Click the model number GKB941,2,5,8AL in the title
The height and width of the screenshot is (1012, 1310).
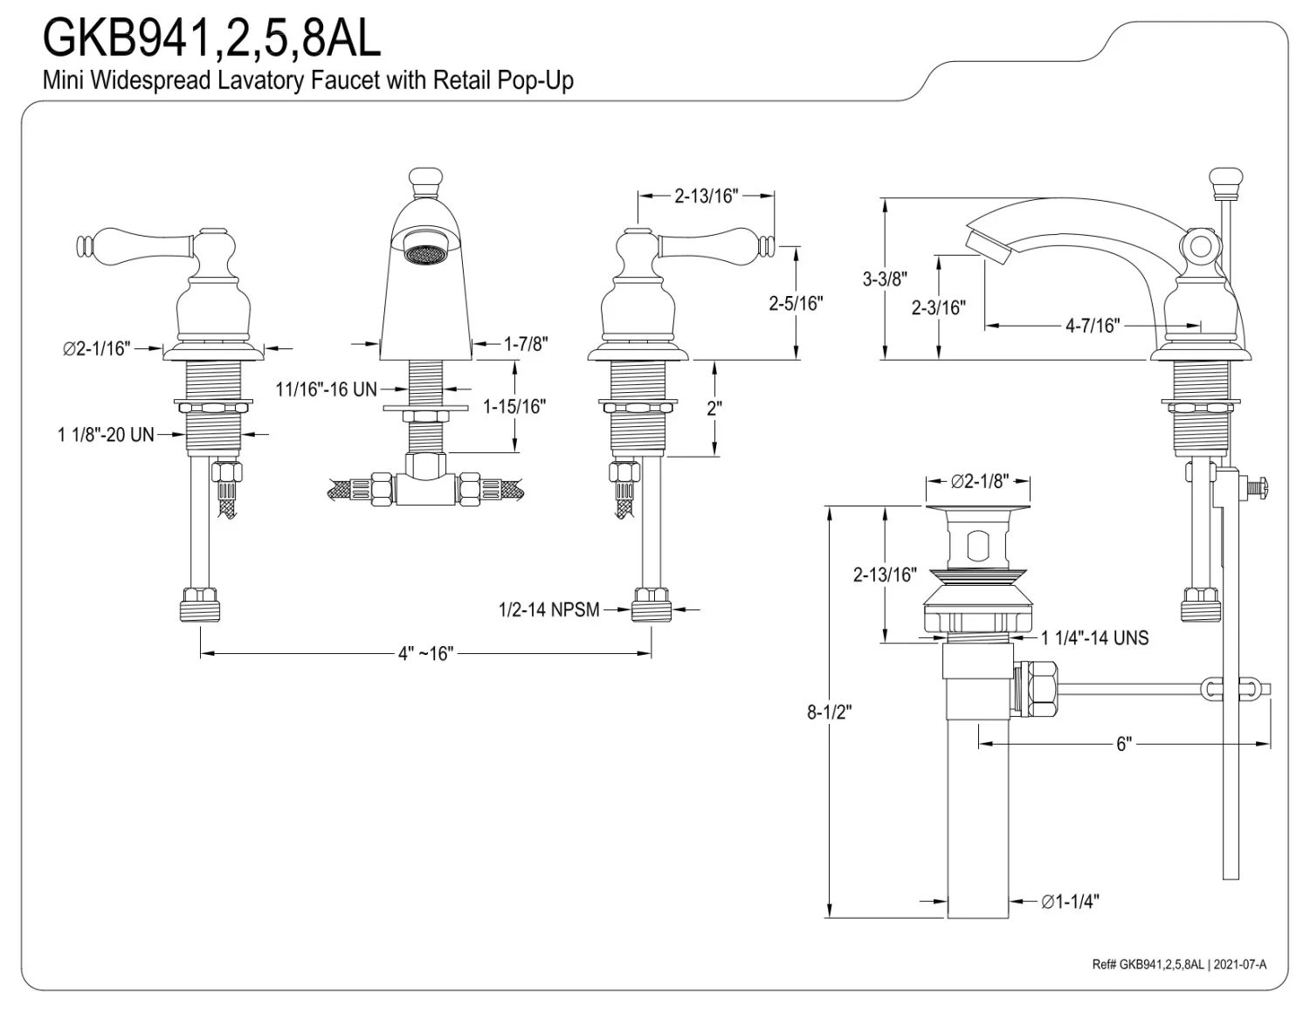click(212, 38)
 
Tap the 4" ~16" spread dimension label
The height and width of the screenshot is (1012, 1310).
click(425, 654)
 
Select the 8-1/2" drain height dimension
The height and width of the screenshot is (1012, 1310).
click(829, 712)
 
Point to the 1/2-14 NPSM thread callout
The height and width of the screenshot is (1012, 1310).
click(548, 609)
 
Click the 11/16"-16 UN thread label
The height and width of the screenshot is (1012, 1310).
click(326, 389)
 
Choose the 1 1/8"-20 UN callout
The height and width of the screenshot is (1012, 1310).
click(106, 434)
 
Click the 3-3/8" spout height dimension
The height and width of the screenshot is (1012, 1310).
click(885, 279)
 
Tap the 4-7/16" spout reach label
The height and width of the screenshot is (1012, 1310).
click(1092, 326)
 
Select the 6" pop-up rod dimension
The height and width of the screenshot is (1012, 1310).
click(1123, 744)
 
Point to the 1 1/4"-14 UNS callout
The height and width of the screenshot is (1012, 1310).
click(1094, 638)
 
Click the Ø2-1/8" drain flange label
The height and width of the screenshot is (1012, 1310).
click(979, 481)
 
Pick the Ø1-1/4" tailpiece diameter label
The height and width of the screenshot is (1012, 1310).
click(1070, 901)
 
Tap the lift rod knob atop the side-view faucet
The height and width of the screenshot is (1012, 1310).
click(1224, 182)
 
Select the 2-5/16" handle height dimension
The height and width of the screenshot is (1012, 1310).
click(796, 303)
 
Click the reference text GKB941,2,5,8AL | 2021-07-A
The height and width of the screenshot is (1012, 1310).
click(1178, 964)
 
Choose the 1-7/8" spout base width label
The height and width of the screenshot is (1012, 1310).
click(526, 344)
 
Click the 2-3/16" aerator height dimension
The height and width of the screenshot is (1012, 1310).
click(938, 307)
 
